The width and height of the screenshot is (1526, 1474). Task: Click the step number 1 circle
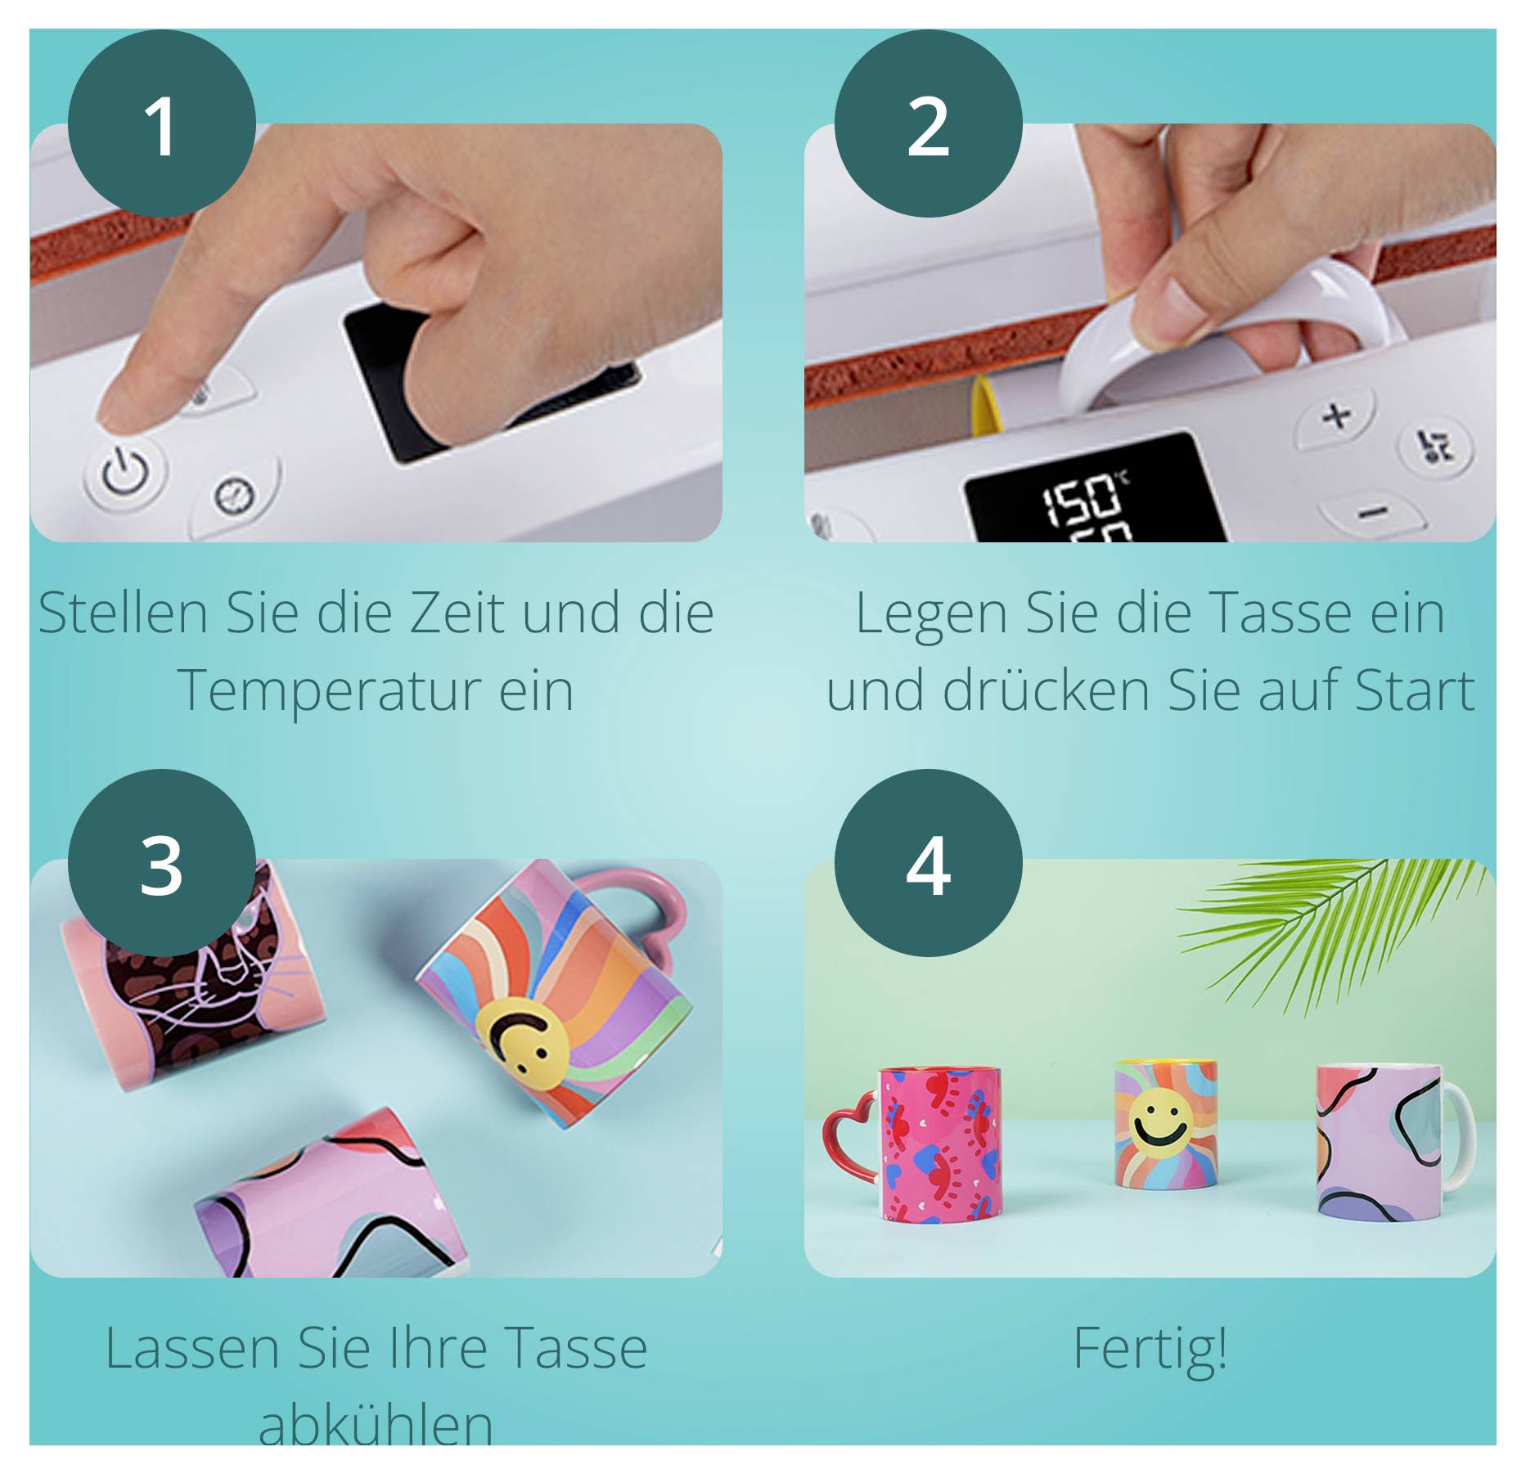(161, 124)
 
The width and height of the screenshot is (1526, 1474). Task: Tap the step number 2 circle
(928, 124)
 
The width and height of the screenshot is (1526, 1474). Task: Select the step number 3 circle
(161, 863)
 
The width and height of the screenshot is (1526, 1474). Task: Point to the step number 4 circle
(928, 863)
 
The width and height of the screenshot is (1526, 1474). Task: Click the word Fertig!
(1150, 1348)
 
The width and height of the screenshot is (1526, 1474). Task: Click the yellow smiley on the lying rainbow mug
(521, 1040)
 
